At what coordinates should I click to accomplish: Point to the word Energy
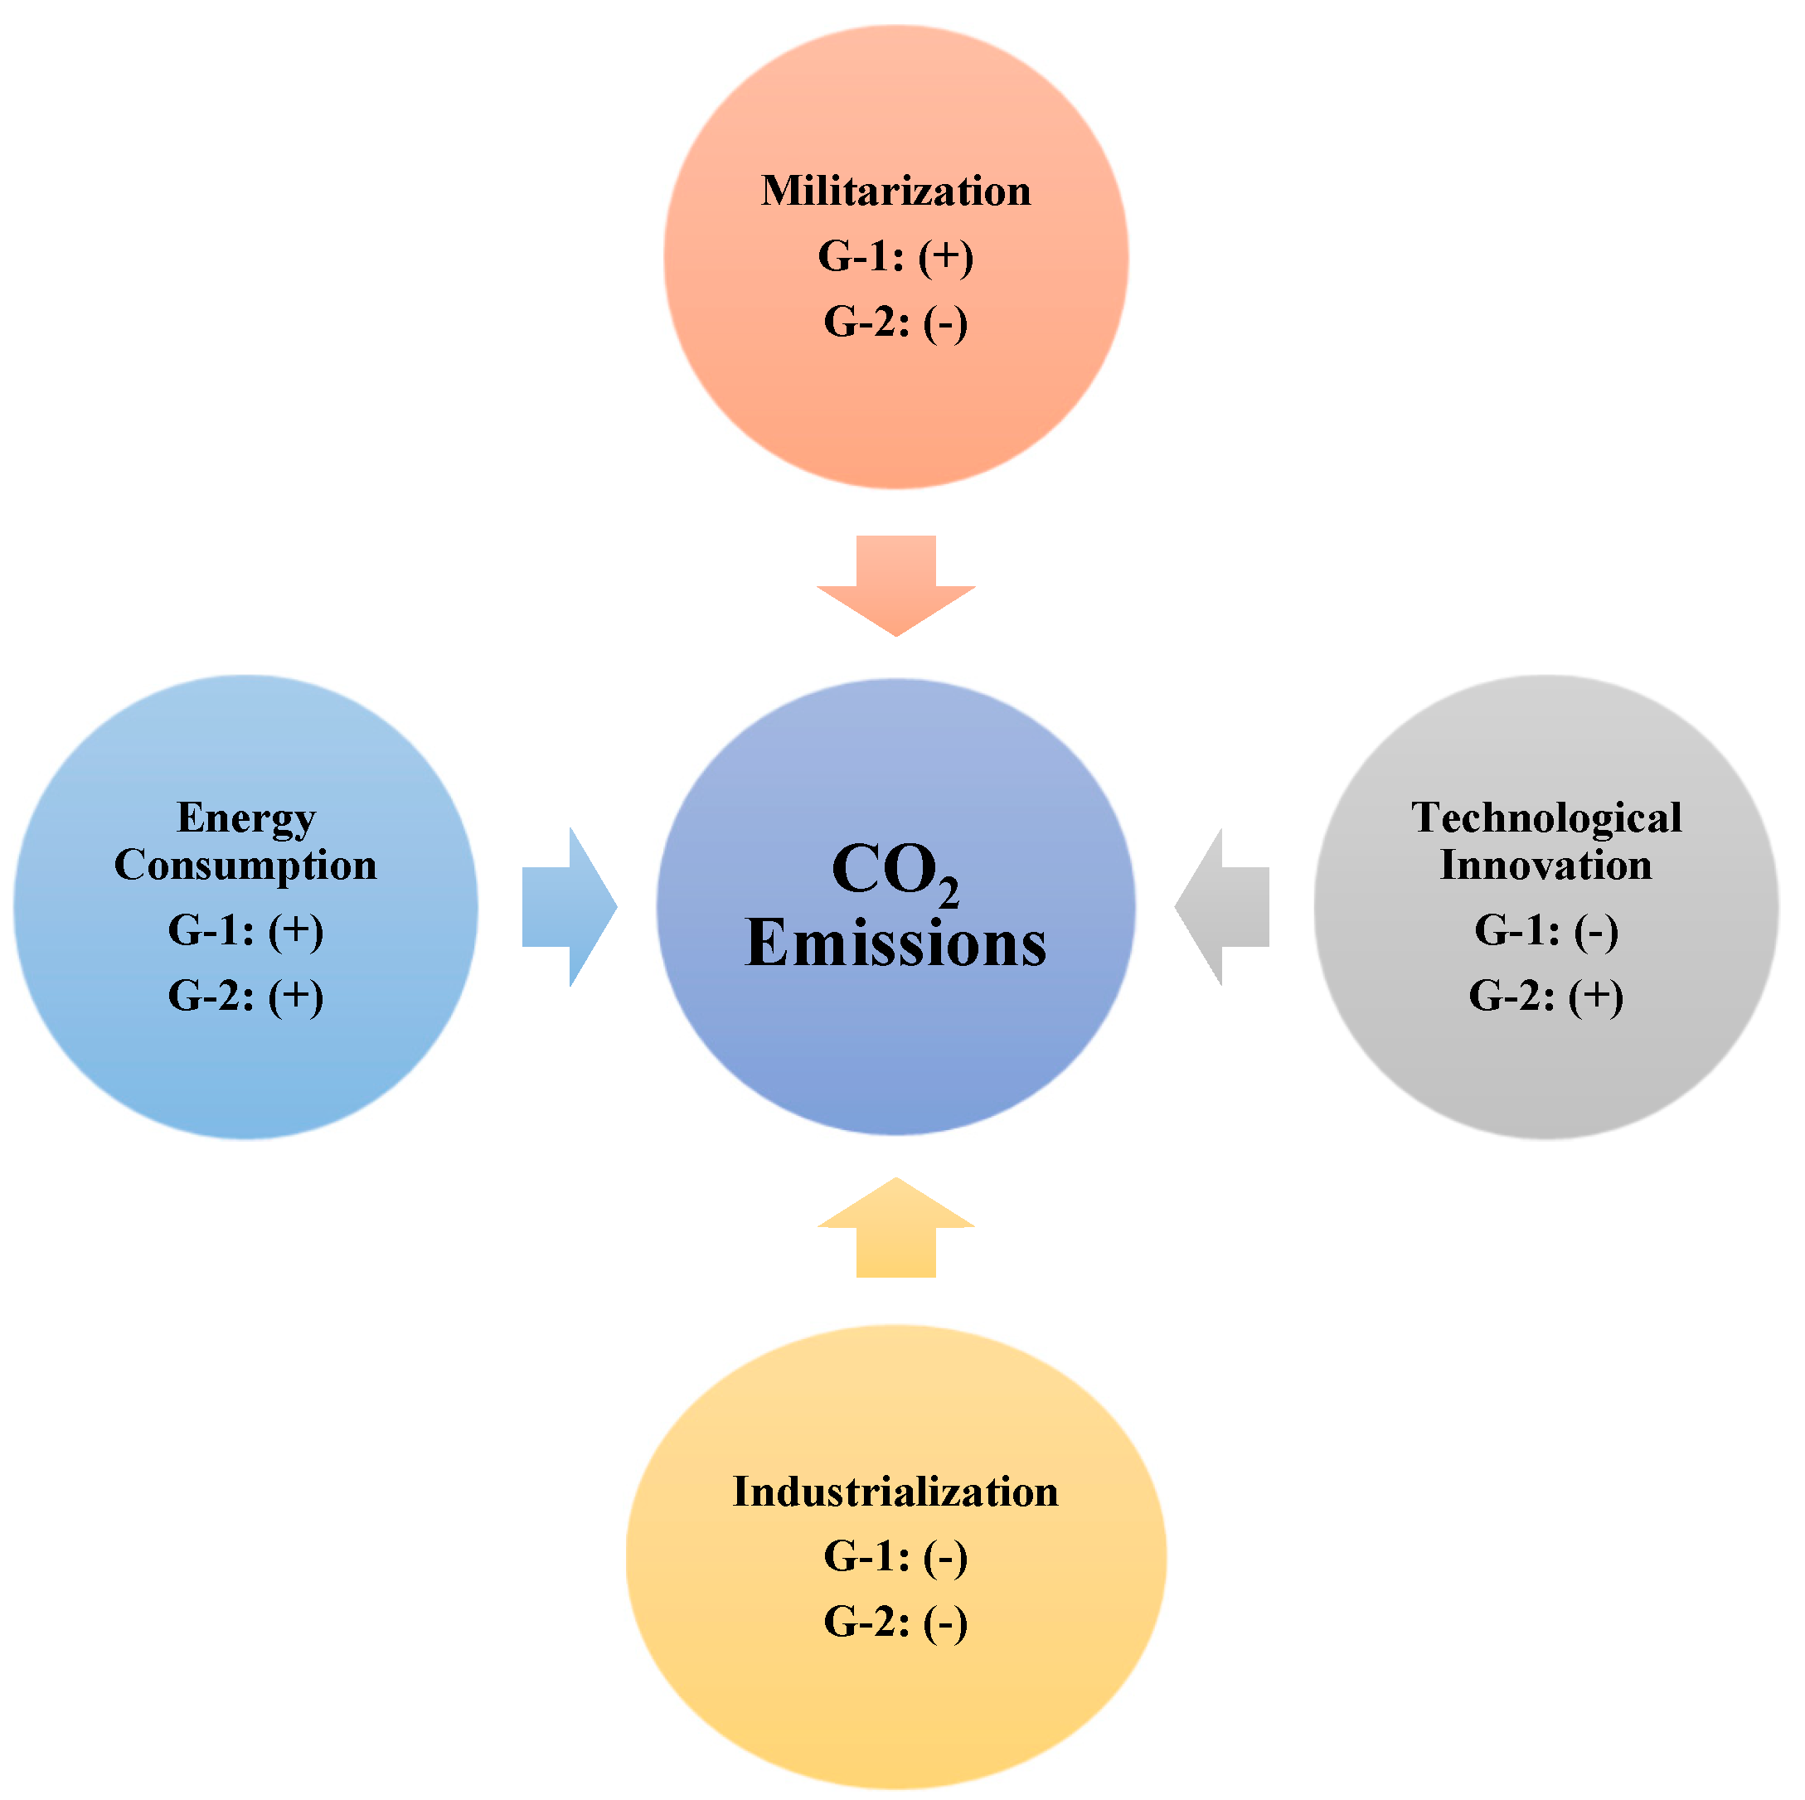245,818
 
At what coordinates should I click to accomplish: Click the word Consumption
245,865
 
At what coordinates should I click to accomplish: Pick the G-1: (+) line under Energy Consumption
245,930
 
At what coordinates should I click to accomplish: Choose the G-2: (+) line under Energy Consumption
245,996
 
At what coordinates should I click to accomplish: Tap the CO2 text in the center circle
894,871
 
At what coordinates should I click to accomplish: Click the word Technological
1546,818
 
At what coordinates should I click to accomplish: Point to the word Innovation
1546,865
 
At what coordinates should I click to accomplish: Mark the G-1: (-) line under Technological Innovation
1546,930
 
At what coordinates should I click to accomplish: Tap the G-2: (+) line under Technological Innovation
1546,996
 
